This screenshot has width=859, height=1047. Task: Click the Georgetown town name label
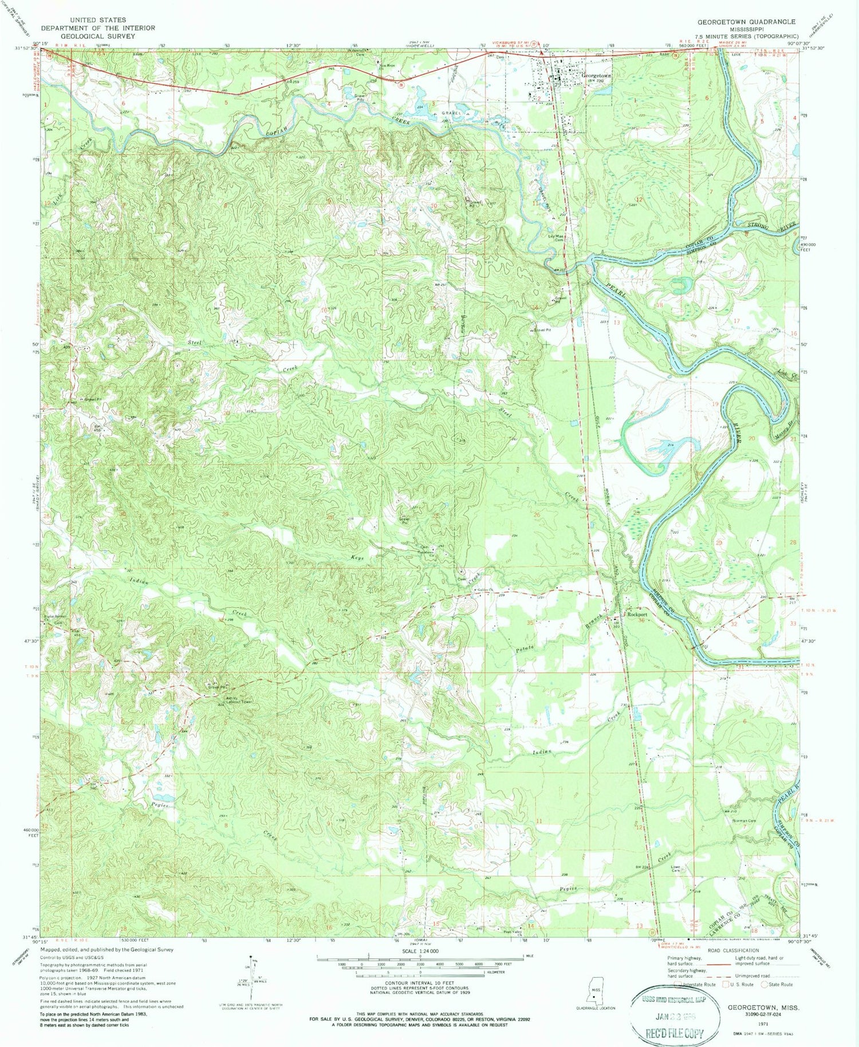pos(596,76)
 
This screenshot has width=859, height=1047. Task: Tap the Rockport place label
pos(637,615)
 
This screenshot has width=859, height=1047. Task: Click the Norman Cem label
pos(744,820)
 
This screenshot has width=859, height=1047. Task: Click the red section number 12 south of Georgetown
pos(640,199)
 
